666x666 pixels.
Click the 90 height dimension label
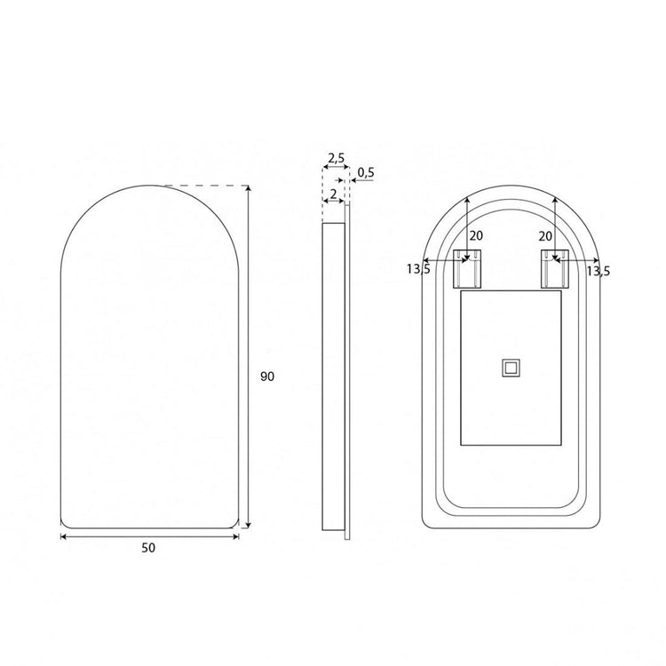(x=267, y=377)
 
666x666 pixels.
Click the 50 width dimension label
(x=148, y=548)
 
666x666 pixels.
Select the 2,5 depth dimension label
(x=337, y=158)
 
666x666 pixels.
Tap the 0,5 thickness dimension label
(x=366, y=172)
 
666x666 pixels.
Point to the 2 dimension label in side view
(x=333, y=194)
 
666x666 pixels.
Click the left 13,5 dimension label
(x=418, y=269)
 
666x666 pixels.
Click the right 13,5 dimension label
(x=598, y=271)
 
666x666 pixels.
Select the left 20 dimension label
(x=476, y=235)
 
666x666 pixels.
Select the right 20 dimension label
(x=545, y=236)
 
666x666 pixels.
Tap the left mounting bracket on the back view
(x=468, y=269)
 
